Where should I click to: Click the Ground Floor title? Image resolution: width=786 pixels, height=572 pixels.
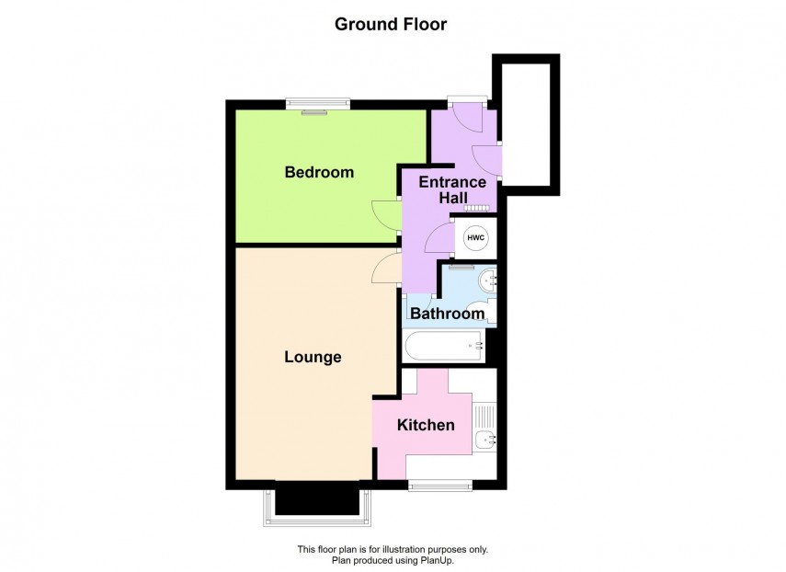(x=391, y=25)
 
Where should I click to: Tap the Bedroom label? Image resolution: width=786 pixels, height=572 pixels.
(x=319, y=172)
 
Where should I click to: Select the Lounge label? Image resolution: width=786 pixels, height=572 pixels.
(x=313, y=357)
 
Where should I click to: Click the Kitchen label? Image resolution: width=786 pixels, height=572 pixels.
(x=426, y=425)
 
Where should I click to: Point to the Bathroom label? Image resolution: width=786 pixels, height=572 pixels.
(x=448, y=314)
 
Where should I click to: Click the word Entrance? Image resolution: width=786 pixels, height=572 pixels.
(x=452, y=182)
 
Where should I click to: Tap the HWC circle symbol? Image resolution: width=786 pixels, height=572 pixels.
(x=476, y=239)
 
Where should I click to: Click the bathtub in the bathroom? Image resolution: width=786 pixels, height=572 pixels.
(x=444, y=347)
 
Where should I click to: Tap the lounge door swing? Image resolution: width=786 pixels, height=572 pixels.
(x=385, y=269)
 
